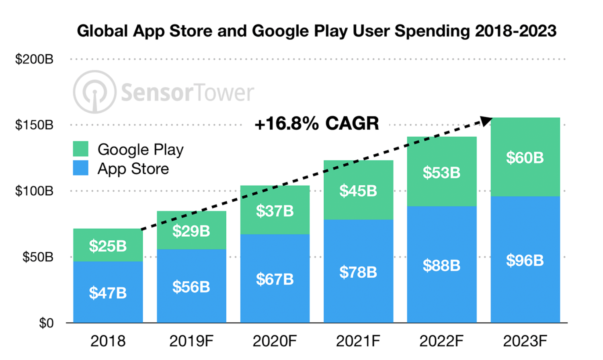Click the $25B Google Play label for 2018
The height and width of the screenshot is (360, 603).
click(x=108, y=246)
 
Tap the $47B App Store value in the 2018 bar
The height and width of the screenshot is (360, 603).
click(x=108, y=293)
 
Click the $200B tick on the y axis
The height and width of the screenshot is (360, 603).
click(x=34, y=59)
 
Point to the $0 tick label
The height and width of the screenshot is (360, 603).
click(x=46, y=323)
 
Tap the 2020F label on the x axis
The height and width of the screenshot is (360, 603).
click(x=275, y=342)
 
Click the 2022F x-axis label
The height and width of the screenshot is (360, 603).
click(x=441, y=342)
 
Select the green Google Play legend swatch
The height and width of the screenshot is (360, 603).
click(x=81, y=149)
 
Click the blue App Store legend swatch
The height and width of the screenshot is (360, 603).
click(x=81, y=168)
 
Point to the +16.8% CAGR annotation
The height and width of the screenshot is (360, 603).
click(x=317, y=123)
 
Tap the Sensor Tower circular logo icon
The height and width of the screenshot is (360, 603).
click(x=95, y=92)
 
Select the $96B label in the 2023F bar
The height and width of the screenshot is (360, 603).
click(x=525, y=260)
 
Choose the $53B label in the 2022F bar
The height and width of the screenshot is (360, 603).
click(x=441, y=173)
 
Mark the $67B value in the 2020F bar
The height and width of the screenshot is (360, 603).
click(x=275, y=279)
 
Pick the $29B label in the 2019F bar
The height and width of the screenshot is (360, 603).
click(x=191, y=231)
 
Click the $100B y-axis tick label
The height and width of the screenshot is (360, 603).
click(x=34, y=191)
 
